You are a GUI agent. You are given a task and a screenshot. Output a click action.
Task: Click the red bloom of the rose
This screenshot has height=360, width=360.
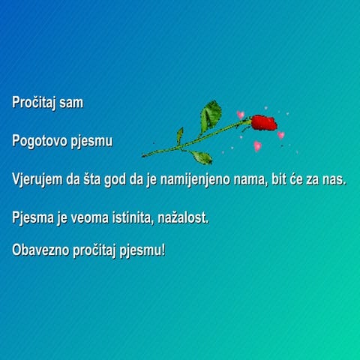[x=263, y=122]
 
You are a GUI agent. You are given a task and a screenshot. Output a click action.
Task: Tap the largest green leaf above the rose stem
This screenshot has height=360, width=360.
[x=210, y=116]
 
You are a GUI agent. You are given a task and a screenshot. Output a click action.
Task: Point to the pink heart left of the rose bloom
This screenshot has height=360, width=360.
[x=241, y=115]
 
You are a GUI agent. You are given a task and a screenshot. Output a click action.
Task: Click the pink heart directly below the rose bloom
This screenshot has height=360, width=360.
[x=257, y=145]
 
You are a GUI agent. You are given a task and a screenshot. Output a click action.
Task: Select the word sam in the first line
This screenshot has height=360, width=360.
[x=71, y=103]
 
